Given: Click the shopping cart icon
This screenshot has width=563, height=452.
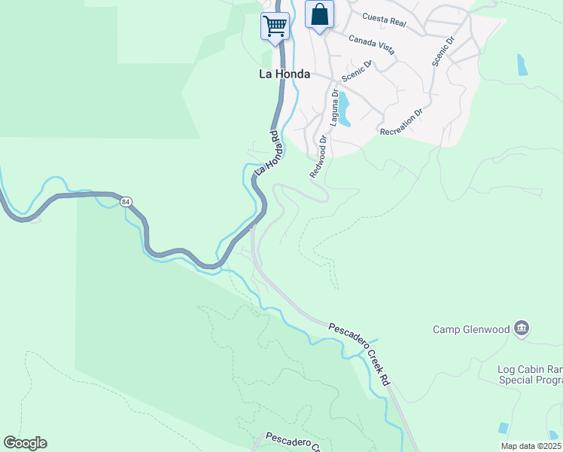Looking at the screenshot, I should pyautogui.click(x=275, y=26).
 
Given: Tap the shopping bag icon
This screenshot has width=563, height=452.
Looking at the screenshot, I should pyautogui.click(x=319, y=14).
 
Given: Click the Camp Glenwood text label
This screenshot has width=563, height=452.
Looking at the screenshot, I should pyautogui.click(x=470, y=329).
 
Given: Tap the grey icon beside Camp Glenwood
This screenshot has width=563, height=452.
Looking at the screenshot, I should pyautogui.click(x=522, y=328).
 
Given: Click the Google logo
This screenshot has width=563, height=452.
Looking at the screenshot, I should pyautogui.click(x=25, y=443).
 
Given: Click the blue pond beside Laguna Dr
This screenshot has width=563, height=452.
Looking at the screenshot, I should pyautogui.click(x=343, y=108).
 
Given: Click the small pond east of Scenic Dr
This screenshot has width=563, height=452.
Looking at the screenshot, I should pyautogui.click(x=522, y=65).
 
